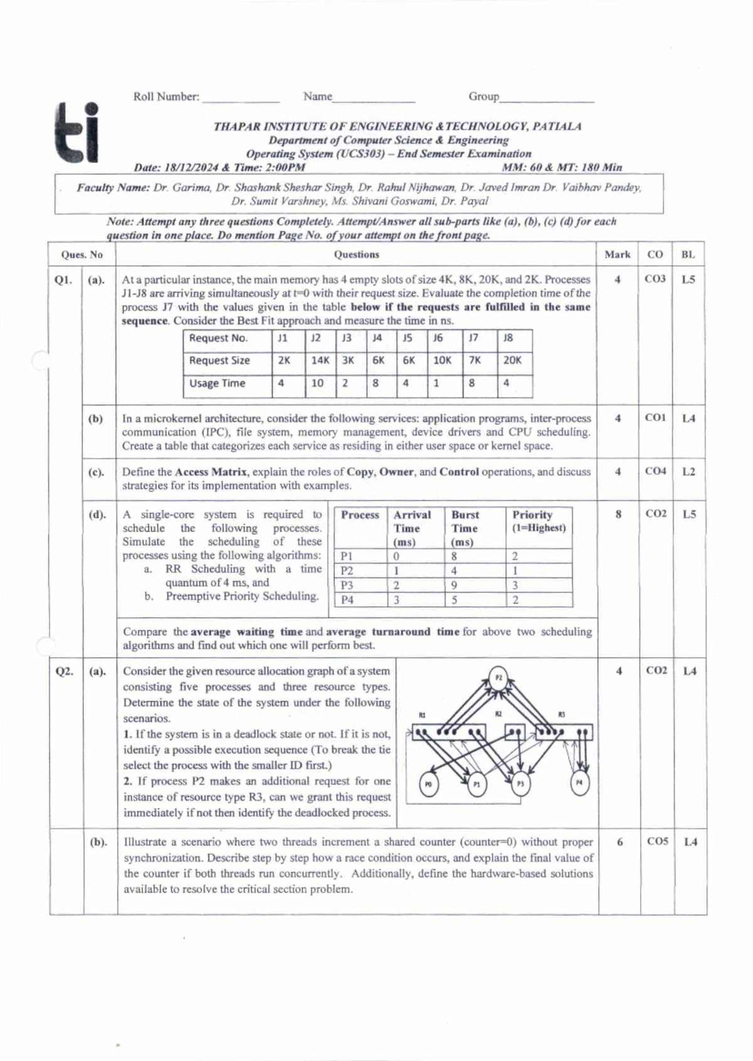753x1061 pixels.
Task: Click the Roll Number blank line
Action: [x=240, y=99]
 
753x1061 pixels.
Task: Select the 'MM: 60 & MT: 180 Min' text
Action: [x=562, y=168]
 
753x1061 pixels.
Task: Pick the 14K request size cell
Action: [x=320, y=360]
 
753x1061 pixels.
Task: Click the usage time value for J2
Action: [x=318, y=383]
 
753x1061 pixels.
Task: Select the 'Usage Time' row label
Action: [x=217, y=383]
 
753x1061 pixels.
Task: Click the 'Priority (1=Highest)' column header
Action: [x=538, y=521]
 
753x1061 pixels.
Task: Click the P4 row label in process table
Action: [x=347, y=600]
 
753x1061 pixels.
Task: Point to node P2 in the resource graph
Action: [x=498, y=678]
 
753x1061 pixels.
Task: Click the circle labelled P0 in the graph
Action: [x=429, y=784]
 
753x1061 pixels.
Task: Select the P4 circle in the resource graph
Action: [x=579, y=783]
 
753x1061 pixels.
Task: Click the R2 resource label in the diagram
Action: [x=499, y=714]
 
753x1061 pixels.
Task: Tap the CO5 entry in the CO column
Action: [x=657, y=841]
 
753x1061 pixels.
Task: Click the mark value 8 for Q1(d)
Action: [x=618, y=514]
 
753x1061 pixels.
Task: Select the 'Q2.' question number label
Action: [x=65, y=671]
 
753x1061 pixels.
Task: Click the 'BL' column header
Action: [x=688, y=254]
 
